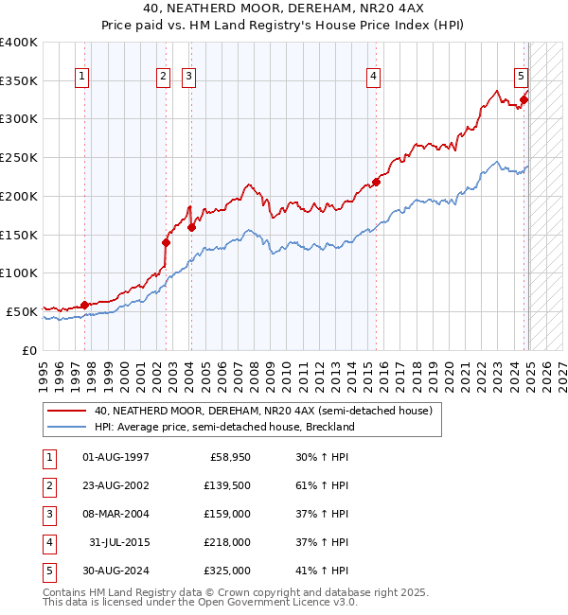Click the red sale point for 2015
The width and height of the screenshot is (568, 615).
(x=376, y=182)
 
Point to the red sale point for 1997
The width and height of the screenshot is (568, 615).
(x=84, y=305)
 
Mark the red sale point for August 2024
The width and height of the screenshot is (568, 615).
(x=524, y=99)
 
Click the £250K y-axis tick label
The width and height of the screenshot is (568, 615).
(x=19, y=157)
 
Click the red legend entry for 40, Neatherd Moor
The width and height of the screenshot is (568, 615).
(x=263, y=411)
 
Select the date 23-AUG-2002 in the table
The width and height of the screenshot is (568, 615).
(x=116, y=485)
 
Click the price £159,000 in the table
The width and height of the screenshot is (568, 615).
(x=228, y=514)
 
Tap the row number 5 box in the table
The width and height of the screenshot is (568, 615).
(x=49, y=571)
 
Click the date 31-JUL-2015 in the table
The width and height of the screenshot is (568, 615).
(x=119, y=542)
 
